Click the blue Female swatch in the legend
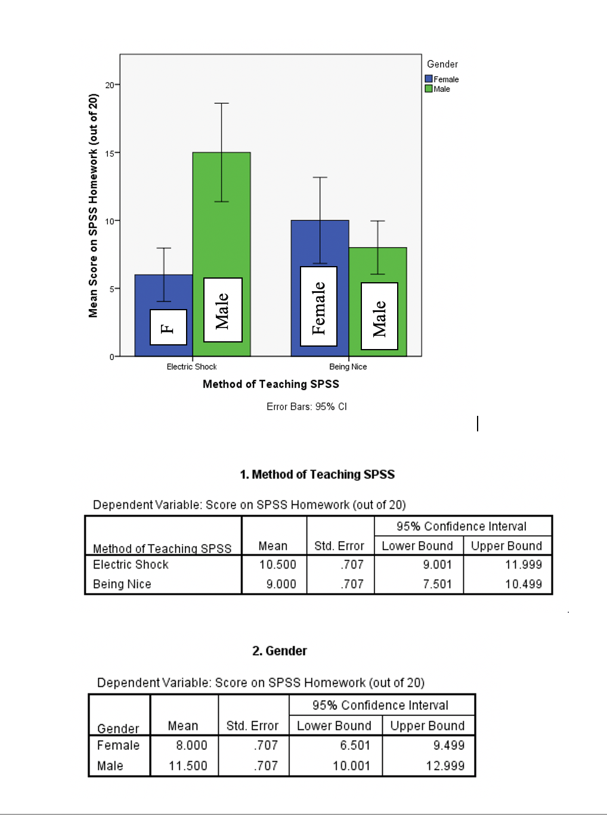(x=429, y=79)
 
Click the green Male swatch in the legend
(x=429, y=89)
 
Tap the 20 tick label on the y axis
(x=110, y=85)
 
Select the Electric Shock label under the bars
(x=191, y=367)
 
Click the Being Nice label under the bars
(x=348, y=367)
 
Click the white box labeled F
(x=168, y=327)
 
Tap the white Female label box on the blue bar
(x=318, y=306)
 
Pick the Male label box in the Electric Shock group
(x=222, y=310)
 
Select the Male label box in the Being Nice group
(x=379, y=316)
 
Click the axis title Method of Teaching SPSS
(x=271, y=384)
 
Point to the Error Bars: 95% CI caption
(x=306, y=407)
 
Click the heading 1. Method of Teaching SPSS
(x=317, y=475)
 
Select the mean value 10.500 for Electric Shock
(x=277, y=565)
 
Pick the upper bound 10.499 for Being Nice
(x=524, y=584)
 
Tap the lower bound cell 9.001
(x=437, y=565)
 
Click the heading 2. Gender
(x=280, y=651)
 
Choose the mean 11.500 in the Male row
(x=188, y=766)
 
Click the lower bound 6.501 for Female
(x=351, y=746)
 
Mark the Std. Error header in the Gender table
(x=252, y=726)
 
